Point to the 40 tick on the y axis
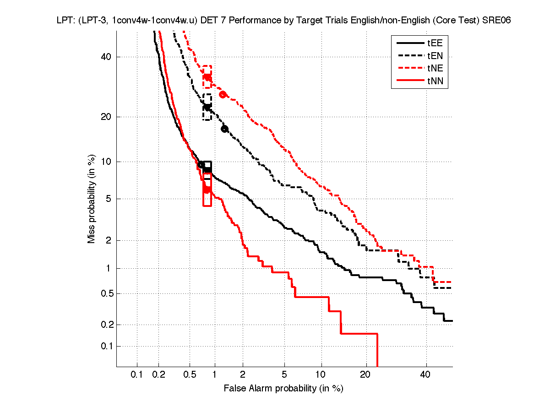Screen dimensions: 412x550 (107, 57)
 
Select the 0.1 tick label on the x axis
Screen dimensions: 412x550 (137, 375)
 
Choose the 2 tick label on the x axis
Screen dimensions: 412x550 (243, 375)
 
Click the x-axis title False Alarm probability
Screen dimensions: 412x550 (283, 389)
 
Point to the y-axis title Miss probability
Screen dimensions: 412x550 (92, 198)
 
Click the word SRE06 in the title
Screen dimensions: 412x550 (496, 21)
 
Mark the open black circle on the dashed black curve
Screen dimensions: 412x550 (224, 129)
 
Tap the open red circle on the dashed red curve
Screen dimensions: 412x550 (223, 94)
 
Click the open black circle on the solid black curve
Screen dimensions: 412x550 (201, 165)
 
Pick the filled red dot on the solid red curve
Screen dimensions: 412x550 (207, 190)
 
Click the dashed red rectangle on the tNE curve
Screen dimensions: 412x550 (207, 76)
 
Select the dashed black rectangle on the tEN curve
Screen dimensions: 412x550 (207, 107)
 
